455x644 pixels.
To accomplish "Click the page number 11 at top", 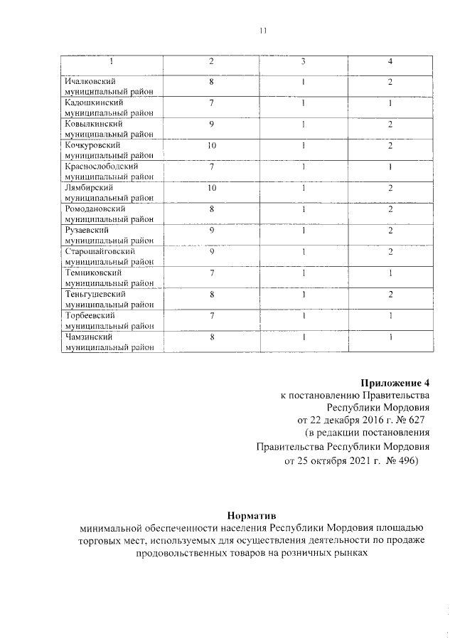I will point(262,31).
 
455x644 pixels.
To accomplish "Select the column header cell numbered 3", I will point(303,62).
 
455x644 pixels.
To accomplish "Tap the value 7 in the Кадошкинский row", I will point(211,103).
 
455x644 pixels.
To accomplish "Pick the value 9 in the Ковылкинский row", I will point(211,125).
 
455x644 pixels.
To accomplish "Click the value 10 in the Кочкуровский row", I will point(211,146).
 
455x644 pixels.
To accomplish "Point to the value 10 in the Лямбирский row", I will point(211,188).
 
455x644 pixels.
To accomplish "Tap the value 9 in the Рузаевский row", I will point(211,231).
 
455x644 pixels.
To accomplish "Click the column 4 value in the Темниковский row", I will point(390,273).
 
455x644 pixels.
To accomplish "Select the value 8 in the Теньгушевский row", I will point(211,294).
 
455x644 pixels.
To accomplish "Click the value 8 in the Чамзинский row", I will point(211,337).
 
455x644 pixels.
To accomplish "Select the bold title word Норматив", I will point(252,514).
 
